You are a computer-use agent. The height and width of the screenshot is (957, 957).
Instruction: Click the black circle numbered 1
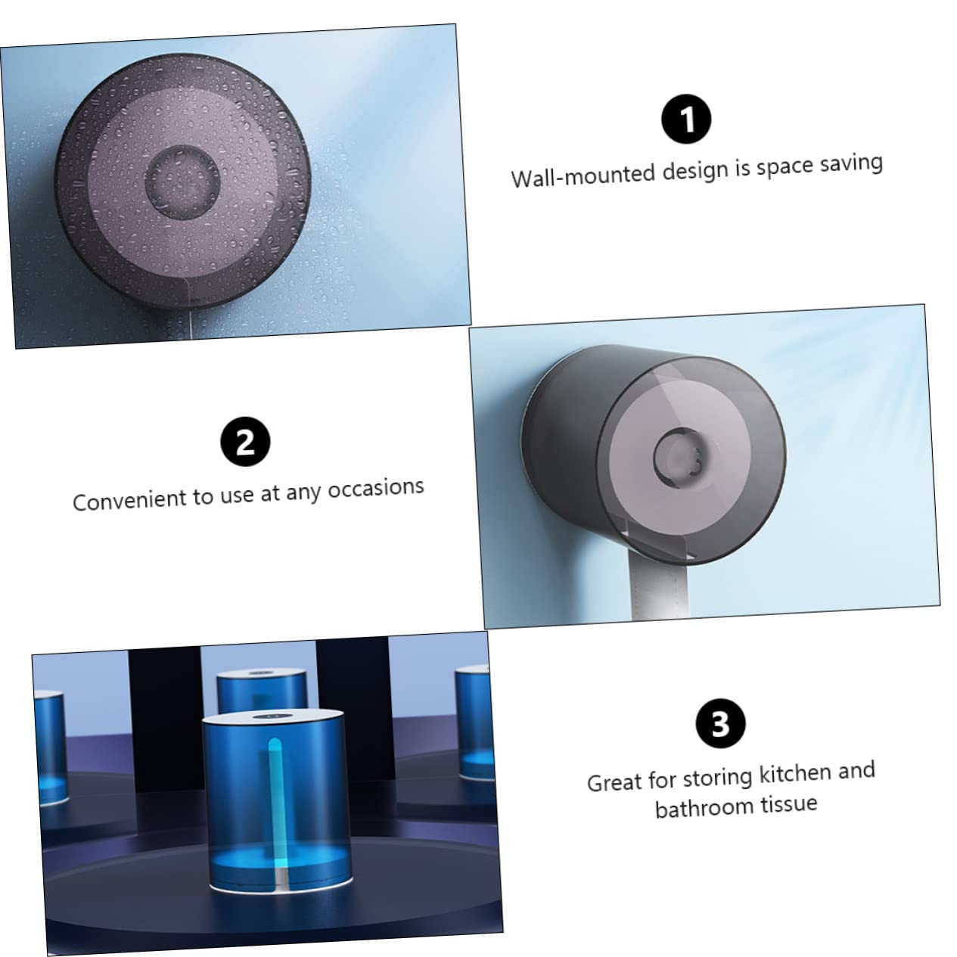[686, 120]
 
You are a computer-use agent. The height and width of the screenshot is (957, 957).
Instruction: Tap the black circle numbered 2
[245, 442]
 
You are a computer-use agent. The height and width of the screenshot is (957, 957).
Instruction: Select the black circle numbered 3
[721, 723]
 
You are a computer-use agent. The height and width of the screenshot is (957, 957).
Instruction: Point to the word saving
[851, 163]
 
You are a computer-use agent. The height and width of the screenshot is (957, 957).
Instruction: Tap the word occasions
[376, 488]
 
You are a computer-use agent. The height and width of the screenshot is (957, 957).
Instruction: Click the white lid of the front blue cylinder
[272, 717]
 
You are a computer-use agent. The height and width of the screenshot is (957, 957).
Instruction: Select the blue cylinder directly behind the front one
[262, 691]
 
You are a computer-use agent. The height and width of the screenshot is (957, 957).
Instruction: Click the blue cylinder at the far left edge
[50, 747]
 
